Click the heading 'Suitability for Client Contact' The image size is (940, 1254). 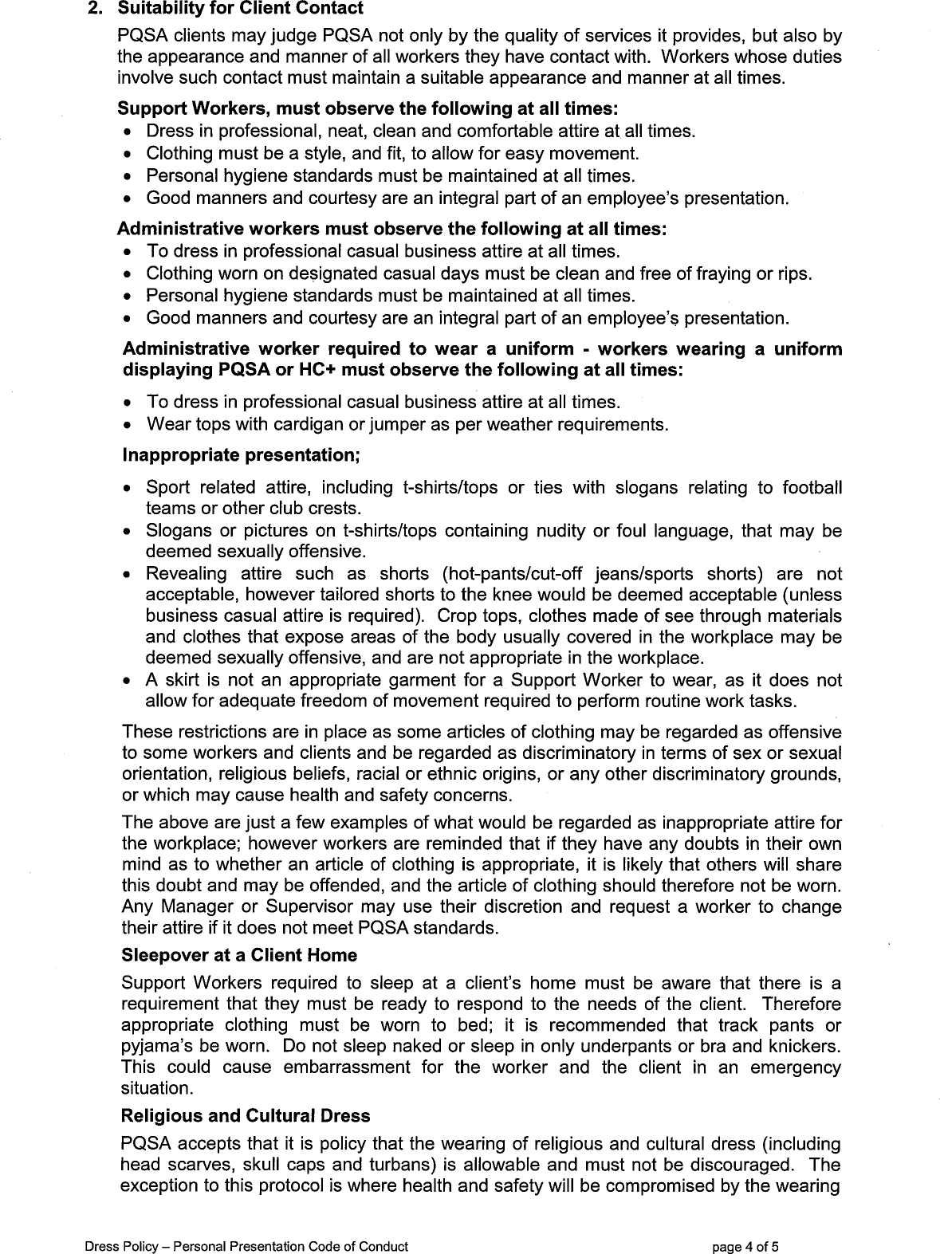pyautogui.click(x=240, y=9)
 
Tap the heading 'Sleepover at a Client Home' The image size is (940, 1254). pyautogui.click(x=239, y=955)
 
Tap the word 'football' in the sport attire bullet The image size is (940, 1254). pyautogui.click(x=812, y=487)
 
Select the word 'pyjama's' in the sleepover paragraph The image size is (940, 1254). pyautogui.click(x=154, y=1045)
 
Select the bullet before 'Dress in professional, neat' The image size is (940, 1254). pyautogui.click(x=128, y=132)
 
